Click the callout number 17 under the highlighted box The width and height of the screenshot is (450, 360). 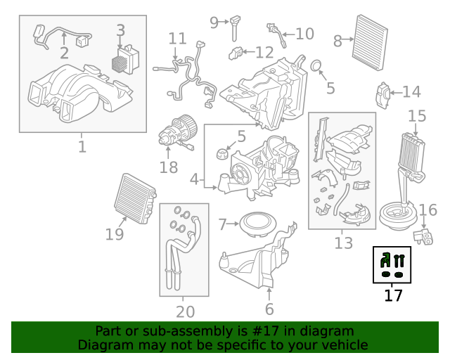pyautogui.click(x=393, y=296)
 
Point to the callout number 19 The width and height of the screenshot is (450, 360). pyautogui.click(x=115, y=234)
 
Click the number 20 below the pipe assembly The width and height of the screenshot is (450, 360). pyautogui.click(x=185, y=311)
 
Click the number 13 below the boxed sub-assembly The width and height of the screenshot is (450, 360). pyautogui.click(x=343, y=243)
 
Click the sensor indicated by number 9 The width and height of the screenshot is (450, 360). pyautogui.click(x=233, y=27)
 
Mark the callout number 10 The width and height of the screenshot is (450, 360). pyautogui.click(x=304, y=33)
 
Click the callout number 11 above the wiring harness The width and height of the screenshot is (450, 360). pyautogui.click(x=177, y=38)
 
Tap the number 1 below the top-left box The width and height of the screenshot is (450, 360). pyautogui.click(x=82, y=147)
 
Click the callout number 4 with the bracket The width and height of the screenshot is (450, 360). pyautogui.click(x=194, y=180)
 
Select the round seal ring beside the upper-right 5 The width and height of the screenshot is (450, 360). pyautogui.click(x=317, y=67)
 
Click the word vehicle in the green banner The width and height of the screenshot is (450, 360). pyautogui.click(x=344, y=345)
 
